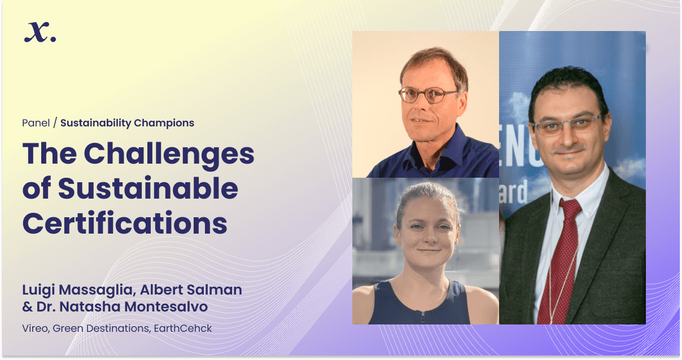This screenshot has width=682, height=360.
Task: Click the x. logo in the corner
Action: (x=40, y=32)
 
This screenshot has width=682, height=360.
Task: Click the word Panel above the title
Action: (x=36, y=123)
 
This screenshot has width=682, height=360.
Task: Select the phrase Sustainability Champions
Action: (x=127, y=123)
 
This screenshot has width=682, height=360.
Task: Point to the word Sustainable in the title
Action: (x=148, y=188)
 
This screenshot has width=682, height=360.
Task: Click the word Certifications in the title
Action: (x=125, y=223)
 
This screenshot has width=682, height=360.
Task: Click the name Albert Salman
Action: (x=191, y=289)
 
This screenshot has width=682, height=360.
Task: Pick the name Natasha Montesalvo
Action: (x=134, y=307)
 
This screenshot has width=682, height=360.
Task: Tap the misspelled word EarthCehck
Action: (x=183, y=328)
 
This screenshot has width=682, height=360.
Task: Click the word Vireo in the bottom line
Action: (x=36, y=328)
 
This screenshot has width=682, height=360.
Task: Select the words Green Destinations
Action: (x=102, y=328)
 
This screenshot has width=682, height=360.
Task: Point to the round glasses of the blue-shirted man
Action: (x=428, y=95)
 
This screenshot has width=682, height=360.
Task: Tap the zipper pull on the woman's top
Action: (x=423, y=317)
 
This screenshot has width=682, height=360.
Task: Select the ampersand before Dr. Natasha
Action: (x=28, y=307)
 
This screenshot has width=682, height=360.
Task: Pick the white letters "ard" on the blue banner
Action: (x=513, y=192)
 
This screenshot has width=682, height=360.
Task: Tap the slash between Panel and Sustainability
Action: (x=55, y=123)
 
